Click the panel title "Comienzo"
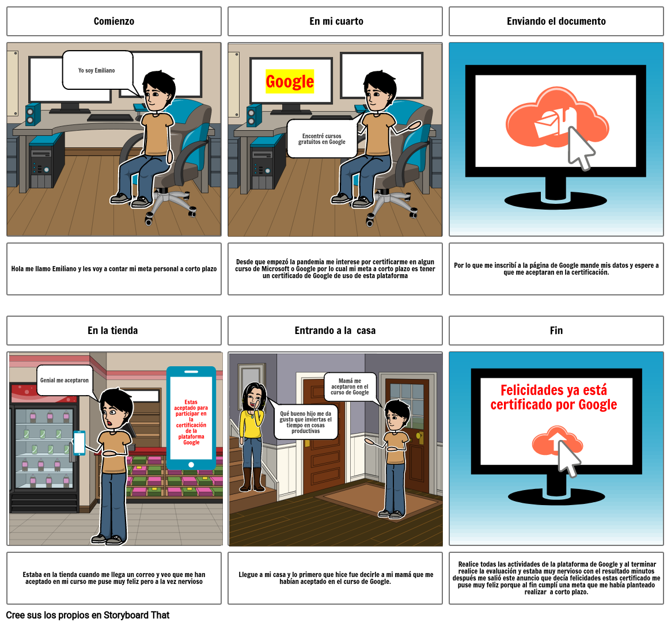(x=114, y=21)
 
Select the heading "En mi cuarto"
(x=336, y=21)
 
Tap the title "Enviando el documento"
(x=556, y=21)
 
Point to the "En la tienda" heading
(x=113, y=331)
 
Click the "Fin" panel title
(x=556, y=331)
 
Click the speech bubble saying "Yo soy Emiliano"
(x=97, y=70)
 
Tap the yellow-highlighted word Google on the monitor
(x=290, y=82)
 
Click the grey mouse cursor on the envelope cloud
(x=581, y=148)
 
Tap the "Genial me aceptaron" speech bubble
(x=65, y=381)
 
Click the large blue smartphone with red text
(x=191, y=418)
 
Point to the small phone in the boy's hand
(x=79, y=443)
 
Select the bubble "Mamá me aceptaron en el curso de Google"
(x=350, y=387)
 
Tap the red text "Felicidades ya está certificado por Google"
(x=553, y=397)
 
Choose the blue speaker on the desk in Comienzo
(x=33, y=113)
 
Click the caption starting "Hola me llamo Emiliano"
(x=114, y=269)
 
